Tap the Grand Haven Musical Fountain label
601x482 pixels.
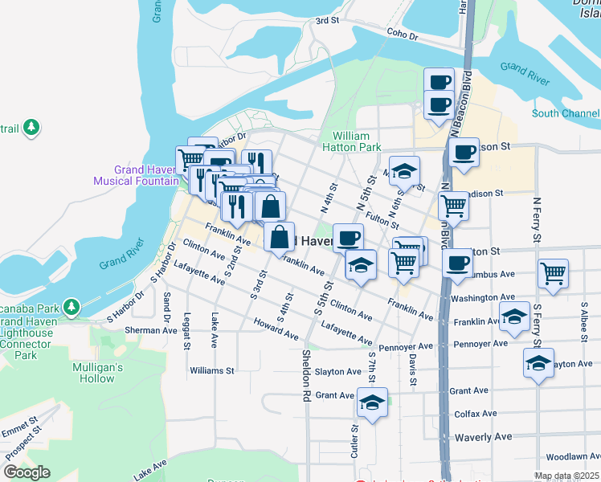136,175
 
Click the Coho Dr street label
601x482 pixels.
403,36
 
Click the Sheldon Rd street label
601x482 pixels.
306,375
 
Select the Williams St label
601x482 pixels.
211,371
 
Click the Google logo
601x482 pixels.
27,472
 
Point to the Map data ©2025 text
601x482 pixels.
566,476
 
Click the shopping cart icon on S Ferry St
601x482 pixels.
554,273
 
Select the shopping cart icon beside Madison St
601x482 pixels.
454,206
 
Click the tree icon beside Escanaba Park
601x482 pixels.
71,307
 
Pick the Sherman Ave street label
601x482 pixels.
152,330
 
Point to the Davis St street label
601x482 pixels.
412,369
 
